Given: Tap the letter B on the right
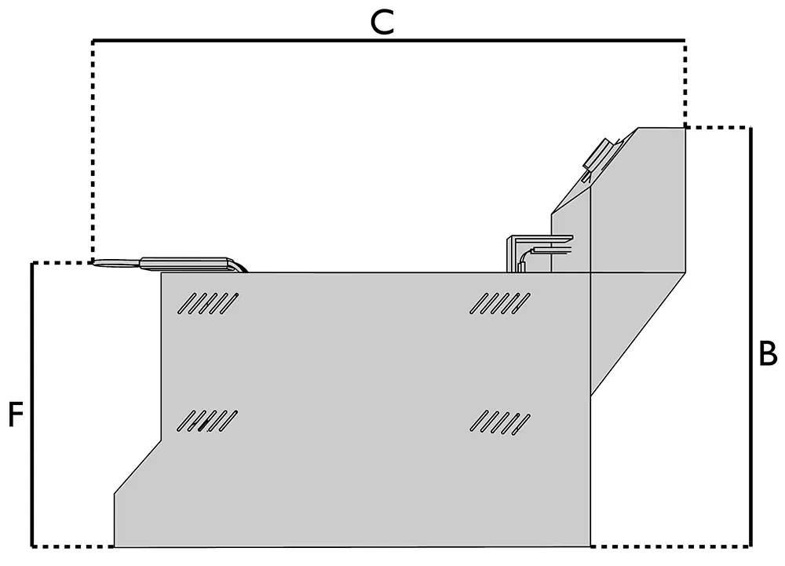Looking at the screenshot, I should (x=768, y=355).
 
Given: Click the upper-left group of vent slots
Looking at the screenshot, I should (x=209, y=302).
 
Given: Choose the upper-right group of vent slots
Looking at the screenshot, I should (x=499, y=302).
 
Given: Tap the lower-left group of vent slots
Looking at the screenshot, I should (x=207, y=422).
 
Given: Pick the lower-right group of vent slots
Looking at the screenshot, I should (x=499, y=422).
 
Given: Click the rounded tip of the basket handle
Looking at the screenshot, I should (x=97, y=263).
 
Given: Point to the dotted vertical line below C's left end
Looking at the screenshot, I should (x=93, y=149).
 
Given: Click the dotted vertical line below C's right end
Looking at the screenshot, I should (x=685, y=82).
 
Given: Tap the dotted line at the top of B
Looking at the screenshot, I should (x=718, y=127).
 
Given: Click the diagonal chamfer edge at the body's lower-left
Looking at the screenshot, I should (x=137, y=467).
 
